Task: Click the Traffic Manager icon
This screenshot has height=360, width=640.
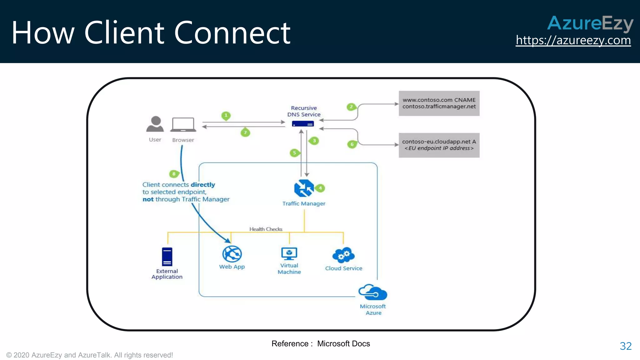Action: (304, 188)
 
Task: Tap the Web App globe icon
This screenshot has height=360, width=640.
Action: (232, 254)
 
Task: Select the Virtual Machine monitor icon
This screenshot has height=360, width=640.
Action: (289, 253)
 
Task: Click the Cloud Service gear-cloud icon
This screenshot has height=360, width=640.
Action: (343, 255)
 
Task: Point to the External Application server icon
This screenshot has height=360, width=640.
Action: (167, 257)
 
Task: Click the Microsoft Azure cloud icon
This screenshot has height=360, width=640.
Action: (372, 292)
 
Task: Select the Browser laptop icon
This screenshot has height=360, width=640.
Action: (183, 125)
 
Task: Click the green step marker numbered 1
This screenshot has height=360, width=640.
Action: (226, 115)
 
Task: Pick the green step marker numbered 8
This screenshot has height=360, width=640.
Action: (174, 174)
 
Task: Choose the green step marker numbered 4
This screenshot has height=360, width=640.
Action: (320, 188)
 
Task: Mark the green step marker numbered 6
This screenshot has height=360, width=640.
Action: (352, 144)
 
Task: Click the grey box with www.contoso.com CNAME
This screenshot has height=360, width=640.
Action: (439, 103)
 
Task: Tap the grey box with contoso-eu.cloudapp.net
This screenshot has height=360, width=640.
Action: (439, 145)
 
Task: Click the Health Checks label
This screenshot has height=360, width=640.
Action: (266, 229)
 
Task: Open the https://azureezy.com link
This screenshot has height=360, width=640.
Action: (573, 40)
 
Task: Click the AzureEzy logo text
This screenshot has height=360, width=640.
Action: (590, 23)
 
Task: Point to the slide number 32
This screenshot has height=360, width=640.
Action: (626, 346)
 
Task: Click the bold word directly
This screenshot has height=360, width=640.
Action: (203, 185)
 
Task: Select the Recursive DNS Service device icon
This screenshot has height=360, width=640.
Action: (303, 124)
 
